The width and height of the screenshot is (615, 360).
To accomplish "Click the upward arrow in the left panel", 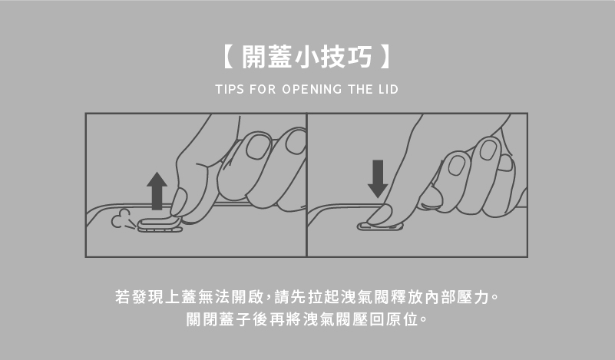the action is point(157,191).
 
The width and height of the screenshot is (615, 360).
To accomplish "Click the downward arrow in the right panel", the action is point(378,179).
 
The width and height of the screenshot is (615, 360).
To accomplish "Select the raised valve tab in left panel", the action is point(160,225).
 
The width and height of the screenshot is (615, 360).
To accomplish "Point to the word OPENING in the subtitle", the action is point(312,89).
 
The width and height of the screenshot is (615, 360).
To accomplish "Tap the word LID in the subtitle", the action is point(389,89).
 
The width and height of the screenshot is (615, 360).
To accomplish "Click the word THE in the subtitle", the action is point(360,89).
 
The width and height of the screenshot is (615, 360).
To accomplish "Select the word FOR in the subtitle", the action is point(263,89).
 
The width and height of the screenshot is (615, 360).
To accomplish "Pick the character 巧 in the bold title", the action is point(359,57).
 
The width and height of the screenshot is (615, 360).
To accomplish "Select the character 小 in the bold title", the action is point(306,57).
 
